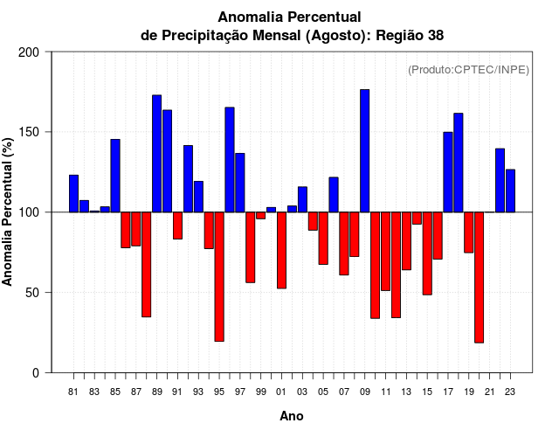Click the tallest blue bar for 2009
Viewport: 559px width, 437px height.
[364, 150]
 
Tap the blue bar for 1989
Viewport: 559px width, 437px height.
[156, 153]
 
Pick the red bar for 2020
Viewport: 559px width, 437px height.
[479, 277]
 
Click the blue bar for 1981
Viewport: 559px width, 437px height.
[73, 193]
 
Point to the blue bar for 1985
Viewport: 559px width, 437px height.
[115, 176]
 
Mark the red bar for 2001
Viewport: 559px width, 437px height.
[281, 250]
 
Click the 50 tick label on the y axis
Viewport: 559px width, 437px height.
[32, 293]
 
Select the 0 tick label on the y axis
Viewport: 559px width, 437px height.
[36, 373]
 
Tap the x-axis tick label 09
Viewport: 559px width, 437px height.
[364, 392]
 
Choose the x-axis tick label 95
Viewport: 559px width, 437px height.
[219, 392]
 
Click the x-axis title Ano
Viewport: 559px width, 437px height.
[292, 417]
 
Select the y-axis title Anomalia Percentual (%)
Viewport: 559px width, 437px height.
[9, 212]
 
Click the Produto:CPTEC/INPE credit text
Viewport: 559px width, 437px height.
[468, 70]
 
